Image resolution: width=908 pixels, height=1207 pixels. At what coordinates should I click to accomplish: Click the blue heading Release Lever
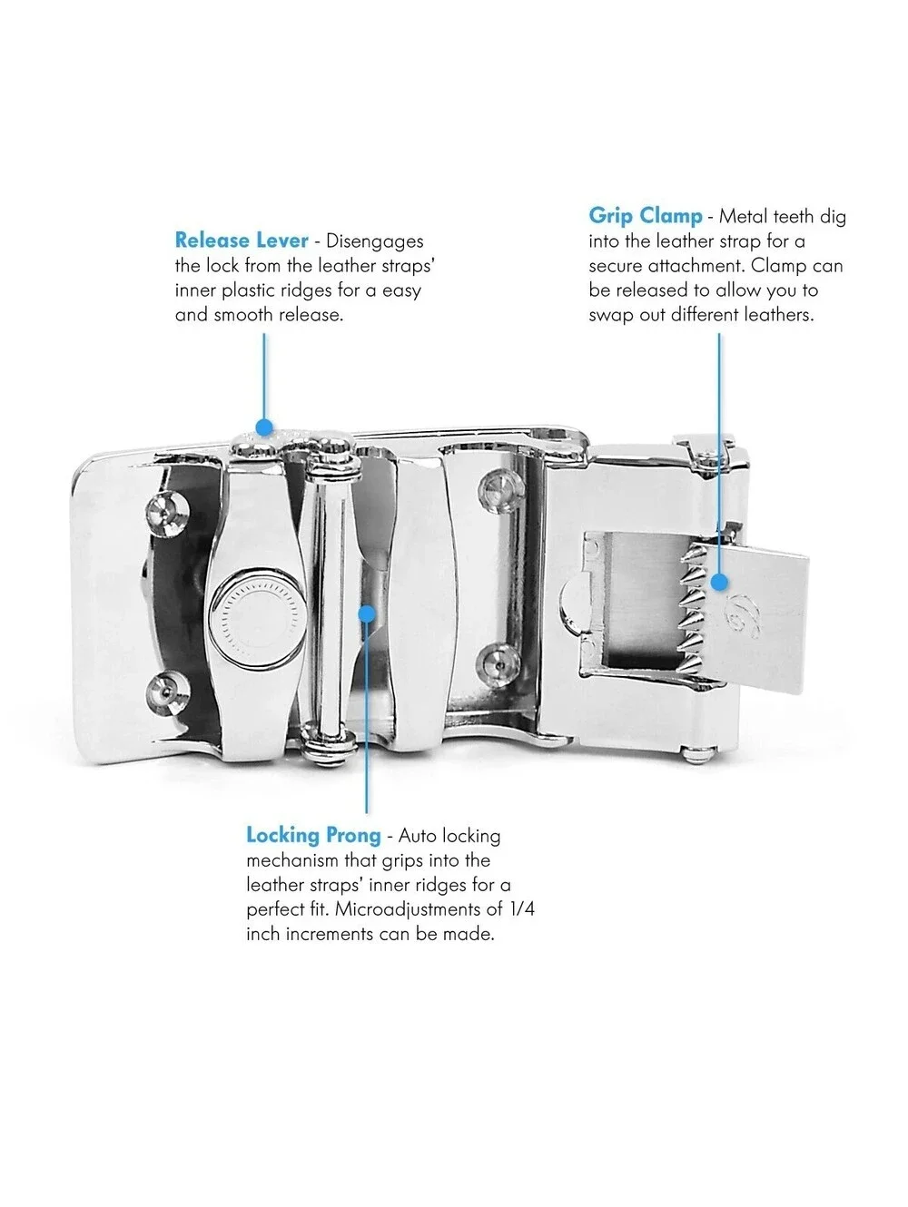click(x=242, y=240)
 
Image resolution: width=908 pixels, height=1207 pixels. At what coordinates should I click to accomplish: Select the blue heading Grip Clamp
click(x=645, y=216)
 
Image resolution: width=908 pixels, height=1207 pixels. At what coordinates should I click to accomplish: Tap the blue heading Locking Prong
click(x=313, y=835)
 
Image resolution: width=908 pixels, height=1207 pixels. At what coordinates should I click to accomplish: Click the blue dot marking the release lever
click(x=264, y=427)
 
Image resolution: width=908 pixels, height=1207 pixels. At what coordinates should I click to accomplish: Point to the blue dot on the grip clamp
click(x=719, y=582)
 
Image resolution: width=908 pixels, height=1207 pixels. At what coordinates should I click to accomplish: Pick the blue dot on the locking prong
click(x=367, y=613)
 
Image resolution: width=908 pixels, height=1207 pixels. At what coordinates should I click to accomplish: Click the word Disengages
click(x=374, y=242)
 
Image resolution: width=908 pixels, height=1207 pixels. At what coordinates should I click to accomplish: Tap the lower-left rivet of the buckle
click(x=168, y=692)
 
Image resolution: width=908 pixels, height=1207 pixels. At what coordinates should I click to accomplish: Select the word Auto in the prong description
click(x=418, y=836)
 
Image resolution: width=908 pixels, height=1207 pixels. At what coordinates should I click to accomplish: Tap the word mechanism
click(x=291, y=860)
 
